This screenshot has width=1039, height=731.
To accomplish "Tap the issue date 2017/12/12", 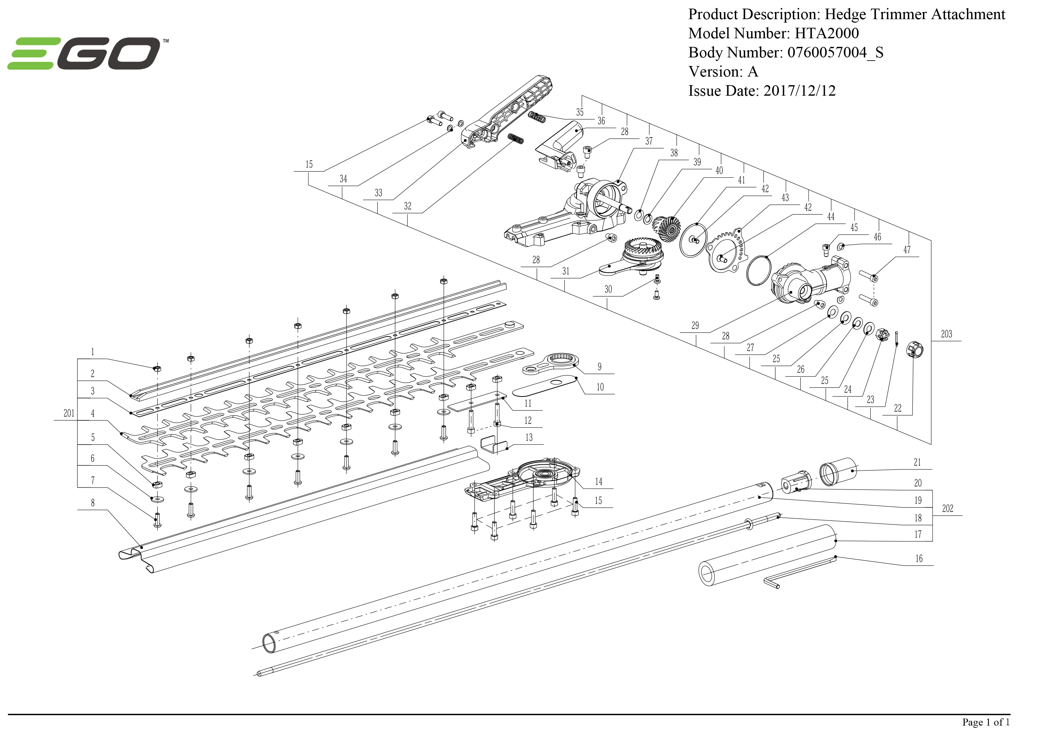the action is [x=799, y=91].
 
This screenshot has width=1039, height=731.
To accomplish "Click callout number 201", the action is [x=69, y=413].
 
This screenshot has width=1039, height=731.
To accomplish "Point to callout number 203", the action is [x=946, y=334].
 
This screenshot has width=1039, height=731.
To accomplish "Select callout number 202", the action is [x=948, y=508].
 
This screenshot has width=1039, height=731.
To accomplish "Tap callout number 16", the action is [x=918, y=558].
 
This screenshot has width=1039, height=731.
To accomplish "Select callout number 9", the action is [x=600, y=367].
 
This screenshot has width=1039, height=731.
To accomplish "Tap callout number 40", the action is [x=719, y=170].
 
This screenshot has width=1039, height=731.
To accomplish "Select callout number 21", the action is [x=917, y=462].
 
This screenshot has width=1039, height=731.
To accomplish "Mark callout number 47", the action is [x=907, y=249].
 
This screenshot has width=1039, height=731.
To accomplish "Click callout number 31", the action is [x=566, y=271].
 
